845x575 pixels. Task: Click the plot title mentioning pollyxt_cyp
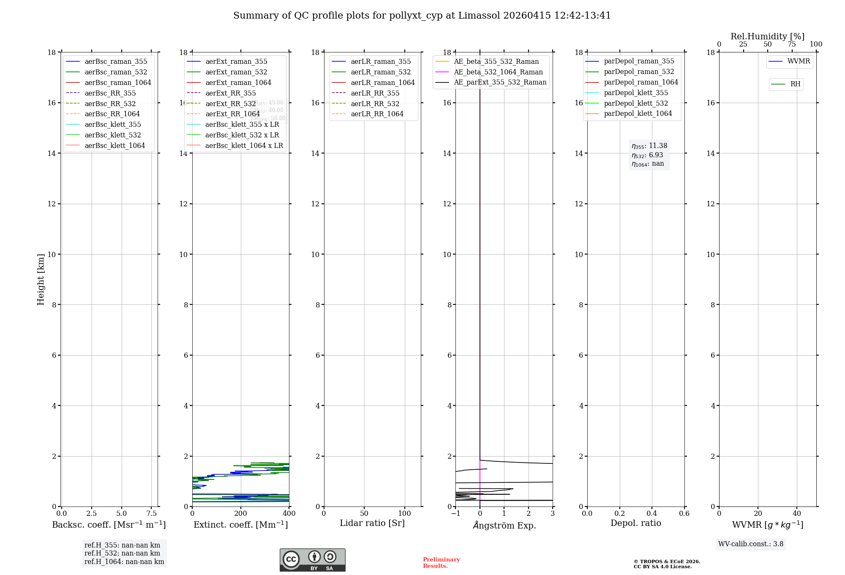[422, 16]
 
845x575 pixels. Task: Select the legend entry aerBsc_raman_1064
[117, 82]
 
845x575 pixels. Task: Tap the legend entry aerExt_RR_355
[230, 93]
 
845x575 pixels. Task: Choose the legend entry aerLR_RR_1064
[377, 114]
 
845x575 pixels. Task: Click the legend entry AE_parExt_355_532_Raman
[500, 82]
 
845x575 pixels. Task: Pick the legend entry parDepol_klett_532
[636, 103]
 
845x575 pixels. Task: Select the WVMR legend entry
[798, 61]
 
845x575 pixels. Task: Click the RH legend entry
[795, 84]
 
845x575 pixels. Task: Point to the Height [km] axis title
[41, 279]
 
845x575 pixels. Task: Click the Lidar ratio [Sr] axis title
[372, 523]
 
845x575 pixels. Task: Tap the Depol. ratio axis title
[635, 523]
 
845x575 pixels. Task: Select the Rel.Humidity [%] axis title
[767, 36]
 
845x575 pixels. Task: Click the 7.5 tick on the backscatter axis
[152, 514]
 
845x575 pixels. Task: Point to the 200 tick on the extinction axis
[241, 514]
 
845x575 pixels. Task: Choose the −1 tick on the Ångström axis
[455, 514]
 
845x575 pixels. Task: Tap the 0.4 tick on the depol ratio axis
[652, 514]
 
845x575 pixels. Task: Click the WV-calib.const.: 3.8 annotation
[750, 544]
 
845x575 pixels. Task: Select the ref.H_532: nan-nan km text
[122, 553]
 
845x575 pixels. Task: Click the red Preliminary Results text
[441, 563]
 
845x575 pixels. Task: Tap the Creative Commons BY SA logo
[312, 560]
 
